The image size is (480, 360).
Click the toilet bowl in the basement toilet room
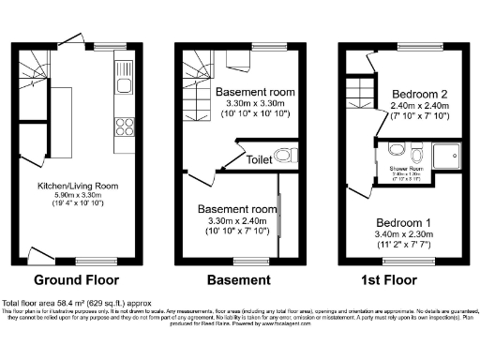tap(286, 155)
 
